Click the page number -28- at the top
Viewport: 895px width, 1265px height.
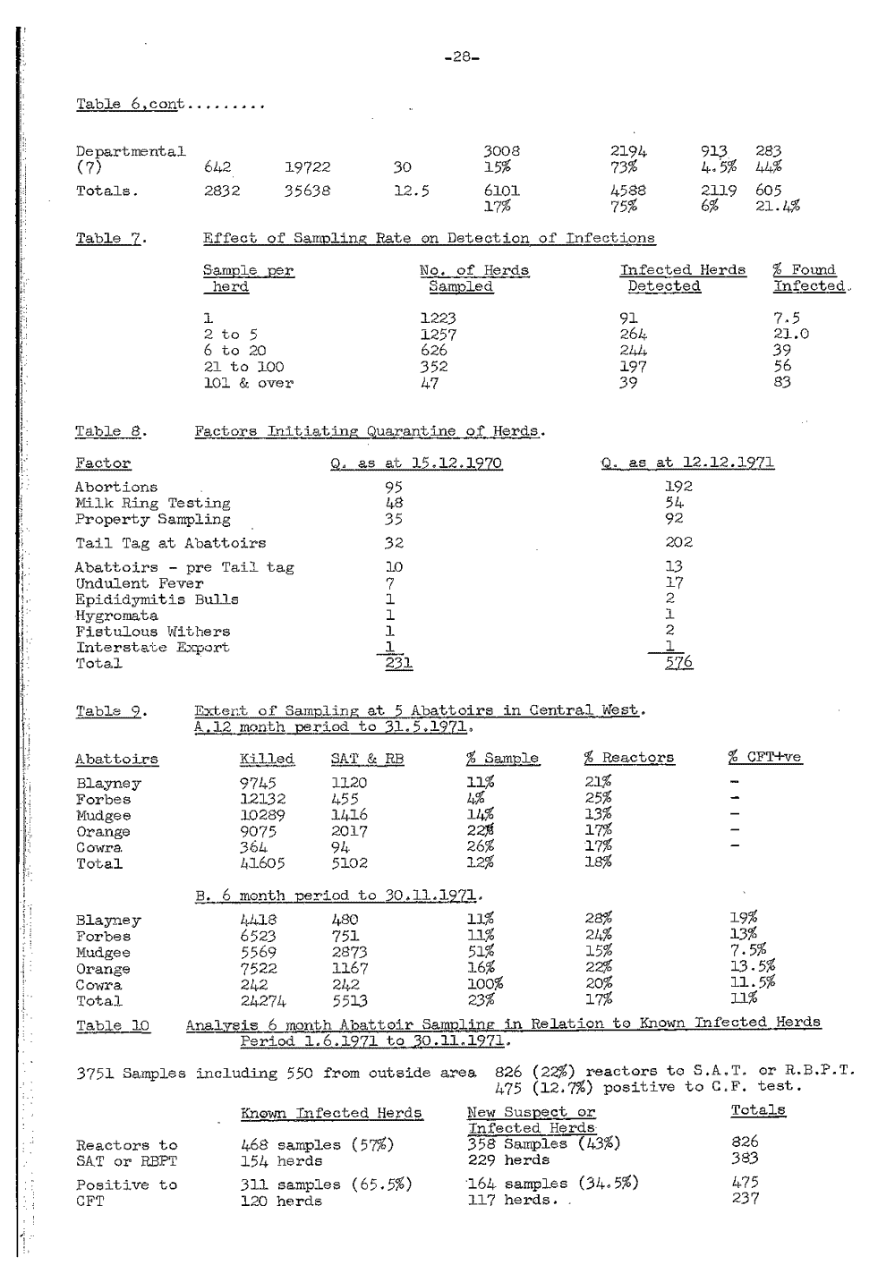point(462,56)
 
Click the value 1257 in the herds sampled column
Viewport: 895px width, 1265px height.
point(439,335)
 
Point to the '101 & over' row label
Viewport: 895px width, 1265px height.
point(248,383)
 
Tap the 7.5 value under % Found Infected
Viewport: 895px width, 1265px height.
point(787,318)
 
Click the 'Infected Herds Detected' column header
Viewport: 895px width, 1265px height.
point(682,278)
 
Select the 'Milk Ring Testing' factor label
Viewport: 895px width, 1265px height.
point(152,504)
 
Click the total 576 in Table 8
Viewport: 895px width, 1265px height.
point(678,663)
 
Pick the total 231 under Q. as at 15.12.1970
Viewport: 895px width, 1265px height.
point(394,663)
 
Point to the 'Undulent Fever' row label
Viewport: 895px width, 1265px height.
point(139,583)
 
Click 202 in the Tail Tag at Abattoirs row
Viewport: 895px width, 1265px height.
point(678,542)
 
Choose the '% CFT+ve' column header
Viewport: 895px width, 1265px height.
point(764,757)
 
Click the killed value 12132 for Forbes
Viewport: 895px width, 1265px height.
point(261,799)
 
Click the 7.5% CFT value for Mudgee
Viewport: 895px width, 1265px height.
point(748,950)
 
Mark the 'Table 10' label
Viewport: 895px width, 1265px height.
point(113,1025)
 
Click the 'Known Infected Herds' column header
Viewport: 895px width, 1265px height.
point(331,1113)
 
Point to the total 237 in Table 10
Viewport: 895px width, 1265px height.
point(745,1199)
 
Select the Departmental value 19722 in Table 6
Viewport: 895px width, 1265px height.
point(308,166)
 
